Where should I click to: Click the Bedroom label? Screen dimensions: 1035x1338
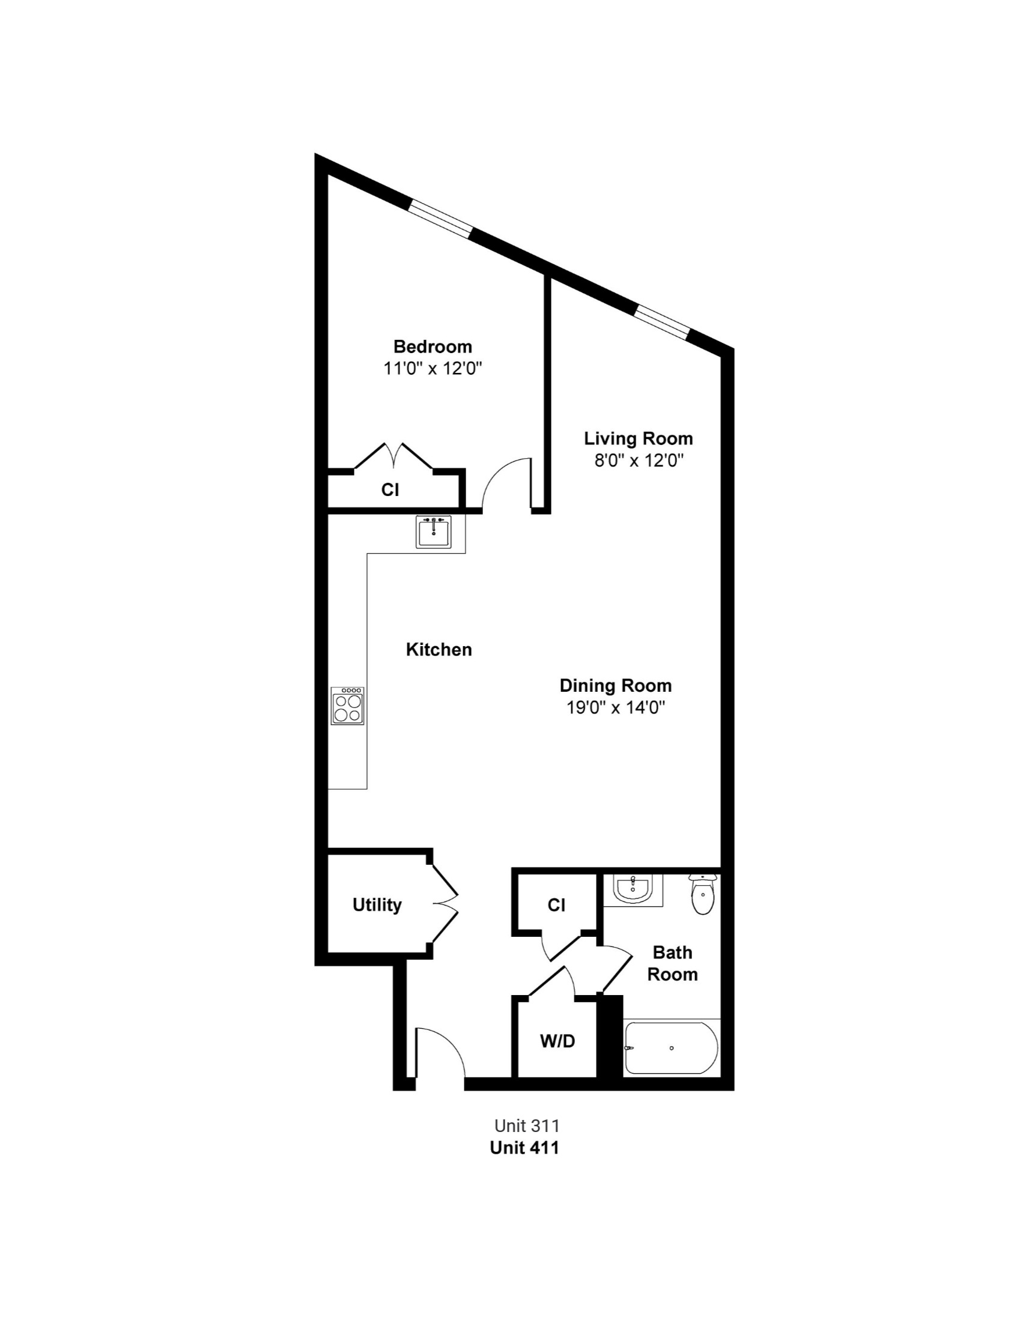pyautogui.click(x=433, y=347)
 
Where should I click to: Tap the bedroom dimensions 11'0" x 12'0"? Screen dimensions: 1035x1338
pyautogui.click(x=433, y=369)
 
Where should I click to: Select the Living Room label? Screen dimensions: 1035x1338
pyautogui.click(x=639, y=438)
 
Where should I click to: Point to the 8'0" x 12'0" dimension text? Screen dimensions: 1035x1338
pyautogui.click(x=639, y=461)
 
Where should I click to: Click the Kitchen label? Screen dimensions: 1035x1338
pyautogui.click(x=439, y=649)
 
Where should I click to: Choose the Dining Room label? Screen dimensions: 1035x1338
pyautogui.click(x=616, y=686)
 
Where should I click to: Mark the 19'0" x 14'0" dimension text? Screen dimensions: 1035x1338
pyautogui.click(x=616, y=707)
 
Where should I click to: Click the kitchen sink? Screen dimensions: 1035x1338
pyautogui.click(x=434, y=531)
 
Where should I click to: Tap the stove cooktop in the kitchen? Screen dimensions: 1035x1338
pyautogui.click(x=347, y=706)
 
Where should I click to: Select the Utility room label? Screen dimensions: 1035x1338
pyautogui.click(x=377, y=905)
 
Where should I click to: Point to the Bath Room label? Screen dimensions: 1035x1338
pyautogui.click(x=673, y=963)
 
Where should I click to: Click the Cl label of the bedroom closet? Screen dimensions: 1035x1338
pyautogui.click(x=390, y=490)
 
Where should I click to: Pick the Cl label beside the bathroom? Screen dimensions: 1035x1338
pyautogui.click(x=556, y=906)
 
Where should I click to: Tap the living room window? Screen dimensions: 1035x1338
pyautogui.click(x=662, y=321)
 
